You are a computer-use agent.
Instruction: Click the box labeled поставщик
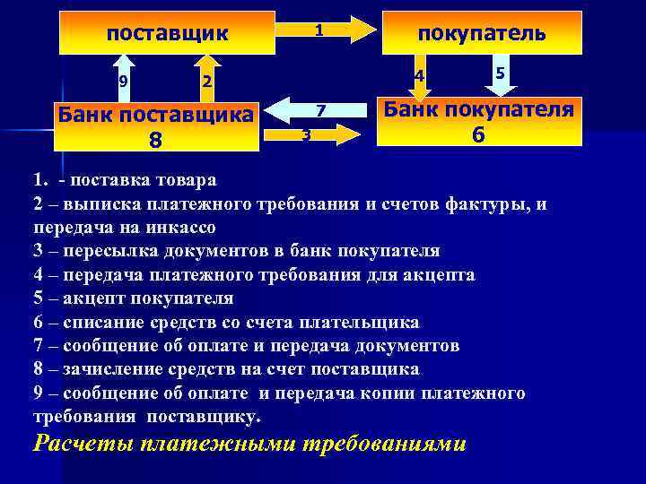(x=168, y=34)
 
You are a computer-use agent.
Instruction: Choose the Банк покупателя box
(x=480, y=121)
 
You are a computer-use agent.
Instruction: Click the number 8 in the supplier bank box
(x=155, y=140)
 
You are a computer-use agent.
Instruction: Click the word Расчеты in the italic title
(x=82, y=444)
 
